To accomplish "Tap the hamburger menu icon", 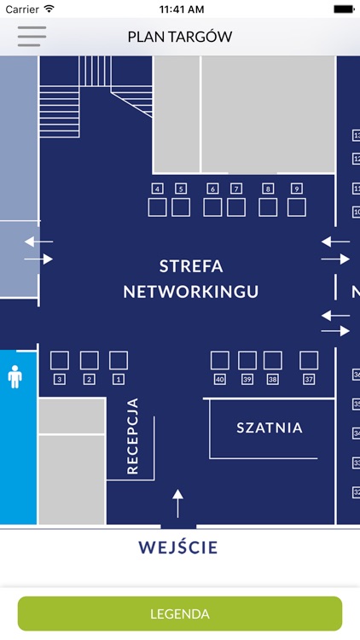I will [32, 37].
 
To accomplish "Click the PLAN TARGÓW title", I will [180, 37].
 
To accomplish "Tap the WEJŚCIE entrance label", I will [178, 547].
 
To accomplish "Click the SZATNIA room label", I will [270, 428].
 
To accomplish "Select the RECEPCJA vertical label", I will [133, 436].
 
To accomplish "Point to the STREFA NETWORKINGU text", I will [191, 278].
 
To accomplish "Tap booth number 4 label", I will [157, 188].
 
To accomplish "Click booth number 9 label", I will [296, 188].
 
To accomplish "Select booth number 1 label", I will [118, 379].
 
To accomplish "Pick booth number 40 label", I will [220, 379].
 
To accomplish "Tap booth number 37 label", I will [309, 379].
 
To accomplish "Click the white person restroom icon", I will [15, 376].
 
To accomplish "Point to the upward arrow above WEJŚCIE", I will [177, 503].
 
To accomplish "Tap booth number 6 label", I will [212, 188].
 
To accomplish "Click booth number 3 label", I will [60, 379].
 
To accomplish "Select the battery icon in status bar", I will [343, 9].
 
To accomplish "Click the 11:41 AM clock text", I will [180, 9].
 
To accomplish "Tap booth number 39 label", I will [247, 379].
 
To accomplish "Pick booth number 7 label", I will [236, 188].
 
